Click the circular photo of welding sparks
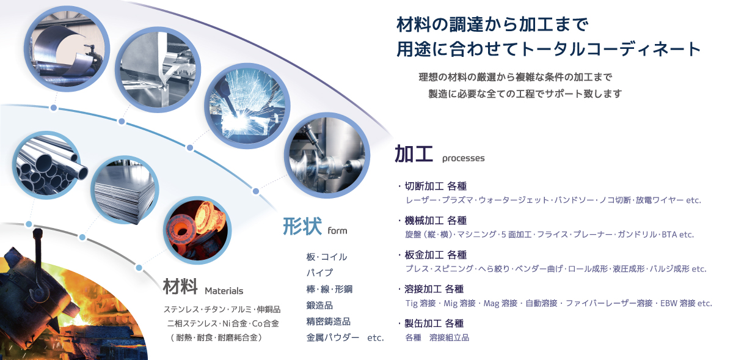[x=247, y=106]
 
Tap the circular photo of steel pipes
[x=47, y=166]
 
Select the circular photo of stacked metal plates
[x=125, y=190]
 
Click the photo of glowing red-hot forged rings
[x=197, y=230]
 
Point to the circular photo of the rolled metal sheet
[x=67, y=49]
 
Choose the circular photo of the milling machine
[x=327, y=155]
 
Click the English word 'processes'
[x=463, y=158]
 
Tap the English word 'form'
[x=337, y=230]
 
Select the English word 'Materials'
[x=224, y=290]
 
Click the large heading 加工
[x=414, y=154]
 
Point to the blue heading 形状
[x=302, y=226]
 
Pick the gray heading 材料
[x=180, y=286]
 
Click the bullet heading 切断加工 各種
[x=436, y=186]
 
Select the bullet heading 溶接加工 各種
[x=434, y=289]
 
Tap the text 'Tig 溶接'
[x=420, y=303]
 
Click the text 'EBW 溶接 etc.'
[x=686, y=303]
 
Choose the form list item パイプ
[x=319, y=273]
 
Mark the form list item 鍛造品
[x=319, y=305]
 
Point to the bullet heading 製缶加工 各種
[x=434, y=323]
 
